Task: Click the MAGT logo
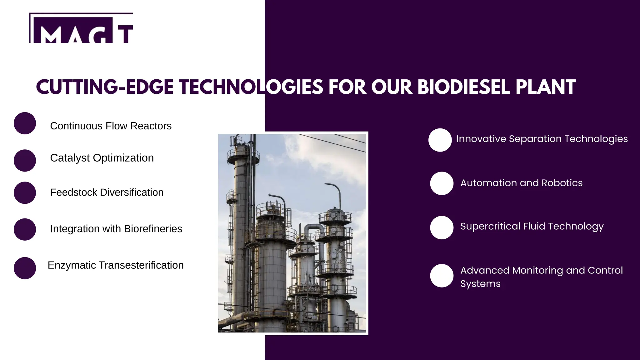(x=81, y=29)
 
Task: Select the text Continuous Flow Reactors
(x=111, y=126)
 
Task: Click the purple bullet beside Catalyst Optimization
(x=25, y=160)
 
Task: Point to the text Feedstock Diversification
(x=107, y=192)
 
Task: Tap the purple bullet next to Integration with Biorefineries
(x=25, y=229)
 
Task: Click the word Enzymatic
(x=72, y=265)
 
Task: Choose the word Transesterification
(x=141, y=265)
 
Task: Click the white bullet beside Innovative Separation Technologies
(x=440, y=140)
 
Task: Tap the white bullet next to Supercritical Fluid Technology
(x=442, y=227)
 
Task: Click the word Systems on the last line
(x=480, y=284)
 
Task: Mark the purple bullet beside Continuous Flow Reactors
(x=25, y=123)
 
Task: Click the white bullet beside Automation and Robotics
(x=442, y=183)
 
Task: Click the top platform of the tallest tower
(x=243, y=155)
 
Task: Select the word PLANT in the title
(x=546, y=87)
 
